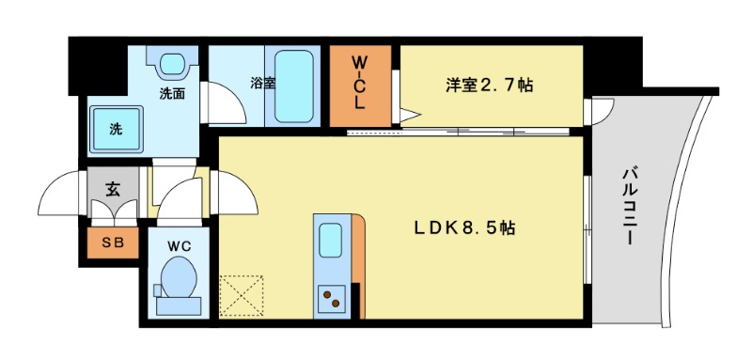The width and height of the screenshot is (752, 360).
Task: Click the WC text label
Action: (179, 245)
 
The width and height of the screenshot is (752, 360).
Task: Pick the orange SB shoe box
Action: (112, 243)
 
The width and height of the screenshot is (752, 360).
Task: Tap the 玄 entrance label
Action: (112, 189)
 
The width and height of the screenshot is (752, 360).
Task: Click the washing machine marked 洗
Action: (116, 128)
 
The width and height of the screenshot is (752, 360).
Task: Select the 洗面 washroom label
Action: (170, 94)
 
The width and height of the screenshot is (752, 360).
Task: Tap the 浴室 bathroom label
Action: (262, 83)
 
